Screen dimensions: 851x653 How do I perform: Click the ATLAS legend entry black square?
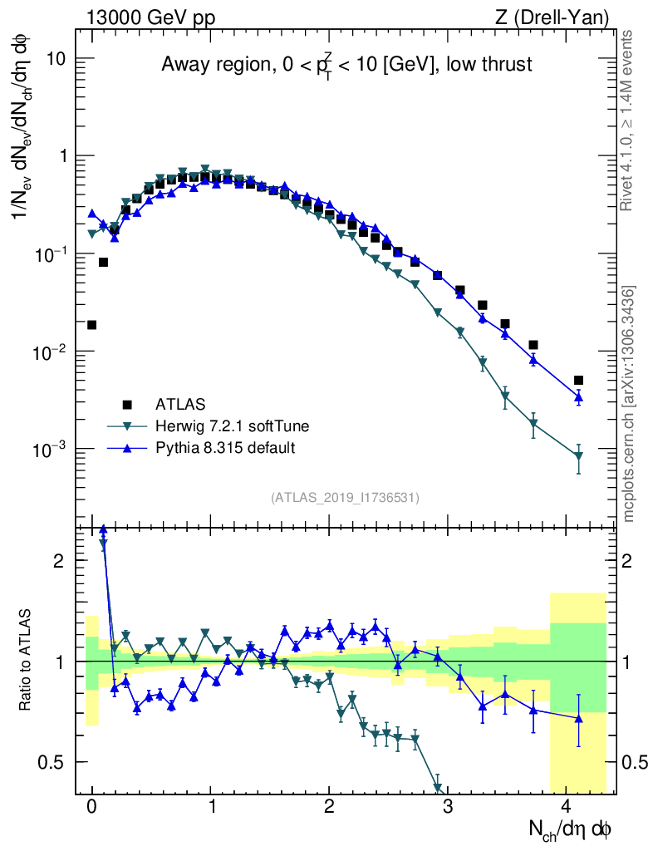click(x=127, y=405)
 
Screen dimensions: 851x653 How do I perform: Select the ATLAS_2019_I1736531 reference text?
click(x=345, y=498)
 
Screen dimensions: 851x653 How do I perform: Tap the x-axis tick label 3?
click(x=448, y=805)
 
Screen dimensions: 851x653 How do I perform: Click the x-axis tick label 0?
click(x=91, y=805)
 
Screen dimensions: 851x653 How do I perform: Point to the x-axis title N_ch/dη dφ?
click(x=571, y=829)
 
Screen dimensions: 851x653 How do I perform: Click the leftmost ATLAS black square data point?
click(x=91, y=325)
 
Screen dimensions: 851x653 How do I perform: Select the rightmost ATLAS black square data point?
click(x=578, y=380)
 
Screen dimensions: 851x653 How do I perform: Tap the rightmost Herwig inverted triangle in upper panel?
click(x=578, y=456)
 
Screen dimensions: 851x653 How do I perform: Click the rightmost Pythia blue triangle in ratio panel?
click(x=578, y=718)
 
